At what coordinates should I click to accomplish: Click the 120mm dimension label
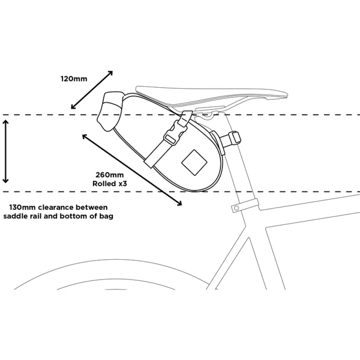click(74, 79)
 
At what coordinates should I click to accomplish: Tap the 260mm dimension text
click(110, 175)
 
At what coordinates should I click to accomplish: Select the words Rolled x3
click(110, 184)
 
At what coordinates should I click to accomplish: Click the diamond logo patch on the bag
click(194, 163)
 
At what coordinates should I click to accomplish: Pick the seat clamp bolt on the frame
click(236, 208)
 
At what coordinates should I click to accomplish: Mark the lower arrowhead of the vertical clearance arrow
click(5, 181)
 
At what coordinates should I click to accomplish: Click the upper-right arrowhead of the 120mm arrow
click(110, 73)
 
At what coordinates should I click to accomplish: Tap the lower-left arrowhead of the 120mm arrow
click(73, 106)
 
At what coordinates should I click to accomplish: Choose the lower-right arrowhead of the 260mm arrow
click(179, 203)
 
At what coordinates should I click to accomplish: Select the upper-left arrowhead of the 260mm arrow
click(85, 136)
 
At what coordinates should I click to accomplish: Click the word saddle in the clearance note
click(14, 216)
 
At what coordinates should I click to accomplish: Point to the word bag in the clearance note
click(107, 217)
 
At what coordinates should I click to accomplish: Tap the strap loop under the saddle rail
click(186, 119)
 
